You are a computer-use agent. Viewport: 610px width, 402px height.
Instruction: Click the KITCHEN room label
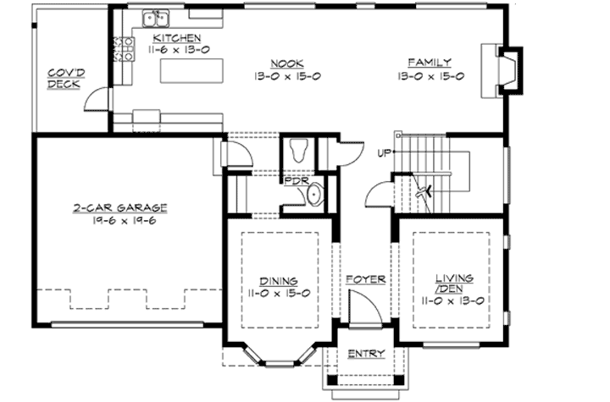(x=177, y=38)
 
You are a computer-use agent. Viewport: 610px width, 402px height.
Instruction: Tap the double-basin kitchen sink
(x=156, y=17)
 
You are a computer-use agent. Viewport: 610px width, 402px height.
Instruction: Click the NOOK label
(x=283, y=63)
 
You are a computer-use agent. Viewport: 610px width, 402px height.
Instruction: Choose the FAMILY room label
(x=428, y=63)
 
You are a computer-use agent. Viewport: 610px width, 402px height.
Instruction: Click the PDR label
(x=295, y=180)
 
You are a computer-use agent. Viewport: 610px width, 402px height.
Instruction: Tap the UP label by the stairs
(x=384, y=153)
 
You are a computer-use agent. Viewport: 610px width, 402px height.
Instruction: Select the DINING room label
(x=279, y=279)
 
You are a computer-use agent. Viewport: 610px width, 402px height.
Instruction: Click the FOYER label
(x=366, y=278)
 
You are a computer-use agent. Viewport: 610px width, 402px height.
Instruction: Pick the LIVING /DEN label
(x=453, y=284)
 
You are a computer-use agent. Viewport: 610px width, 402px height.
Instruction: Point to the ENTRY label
(x=366, y=354)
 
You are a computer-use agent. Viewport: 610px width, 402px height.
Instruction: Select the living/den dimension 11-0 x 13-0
(x=453, y=300)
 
